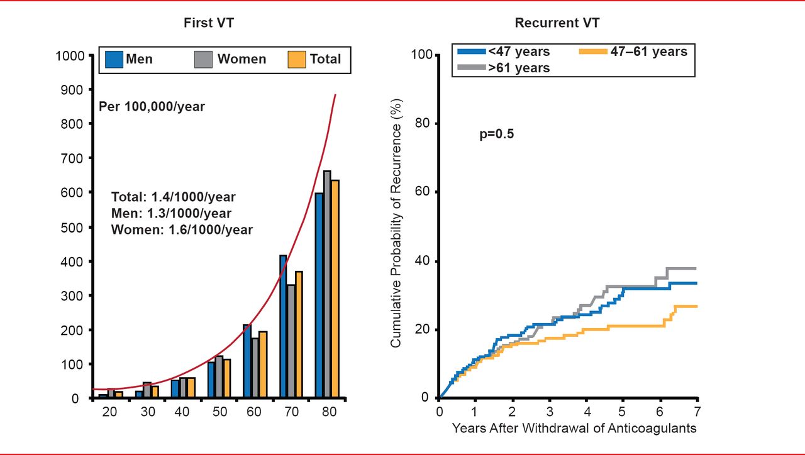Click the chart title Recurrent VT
click(x=557, y=23)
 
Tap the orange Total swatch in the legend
click(x=296, y=60)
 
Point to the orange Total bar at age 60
click(x=263, y=365)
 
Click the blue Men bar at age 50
click(x=211, y=380)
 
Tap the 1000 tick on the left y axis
click(x=70, y=55)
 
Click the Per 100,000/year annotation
click(x=152, y=107)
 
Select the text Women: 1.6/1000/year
click(x=182, y=230)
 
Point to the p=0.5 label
click(x=496, y=134)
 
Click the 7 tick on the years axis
click(x=697, y=412)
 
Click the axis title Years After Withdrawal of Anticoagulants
click(x=574, y=429)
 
